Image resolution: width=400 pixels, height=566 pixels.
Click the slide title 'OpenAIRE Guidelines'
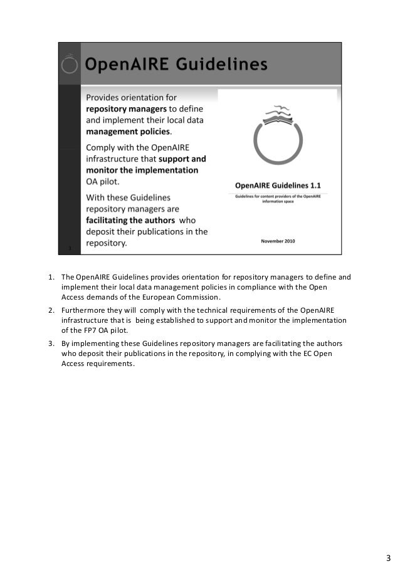[176, 64]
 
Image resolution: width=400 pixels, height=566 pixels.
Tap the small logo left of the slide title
[71, 63]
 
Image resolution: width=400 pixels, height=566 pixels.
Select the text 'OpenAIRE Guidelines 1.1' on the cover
[278, 186]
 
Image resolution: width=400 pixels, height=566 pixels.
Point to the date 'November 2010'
[278, 241]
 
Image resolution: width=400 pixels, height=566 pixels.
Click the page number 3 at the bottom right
[387, 541]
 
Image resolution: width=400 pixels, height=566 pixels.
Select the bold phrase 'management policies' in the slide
[127, 132]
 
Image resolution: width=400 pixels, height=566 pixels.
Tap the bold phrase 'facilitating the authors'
[130, 219]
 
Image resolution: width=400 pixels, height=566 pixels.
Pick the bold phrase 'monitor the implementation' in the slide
[142, 170]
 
